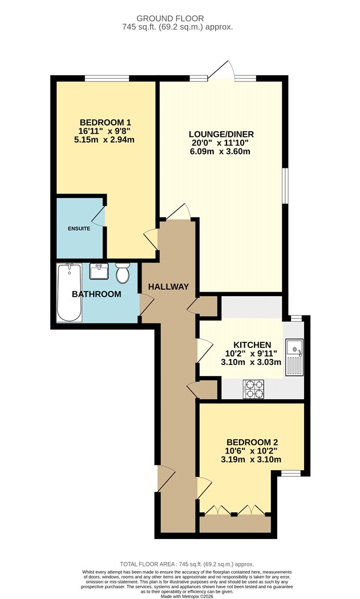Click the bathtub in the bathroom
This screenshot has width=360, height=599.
(69, 292)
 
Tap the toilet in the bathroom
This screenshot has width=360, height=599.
(123, 273)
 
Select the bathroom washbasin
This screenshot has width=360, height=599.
(99, 271)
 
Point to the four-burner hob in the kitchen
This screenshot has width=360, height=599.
(253, 389)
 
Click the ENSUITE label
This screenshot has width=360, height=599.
(79, 228)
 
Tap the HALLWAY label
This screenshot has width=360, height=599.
(168, 286)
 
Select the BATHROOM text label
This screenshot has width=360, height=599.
(96, 294)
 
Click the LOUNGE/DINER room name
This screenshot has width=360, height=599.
(221, 134)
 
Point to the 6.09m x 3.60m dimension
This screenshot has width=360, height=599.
(220, 151)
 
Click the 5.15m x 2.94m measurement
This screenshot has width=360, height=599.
(104, 139)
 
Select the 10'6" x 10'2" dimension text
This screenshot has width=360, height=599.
(252, 451)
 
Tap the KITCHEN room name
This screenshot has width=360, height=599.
(252, 345)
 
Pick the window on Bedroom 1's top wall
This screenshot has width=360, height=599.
(107, 78)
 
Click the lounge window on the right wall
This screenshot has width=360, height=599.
(285, 186)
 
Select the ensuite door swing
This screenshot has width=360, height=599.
(98, 217)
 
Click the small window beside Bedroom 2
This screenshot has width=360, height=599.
(292, 473)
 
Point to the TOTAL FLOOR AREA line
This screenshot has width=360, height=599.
(187, 564)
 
